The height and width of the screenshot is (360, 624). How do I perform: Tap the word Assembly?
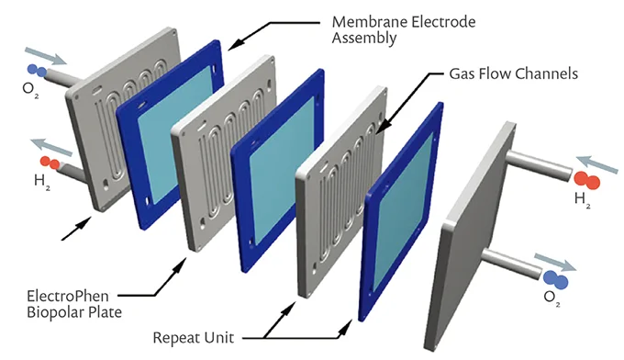[364, 39]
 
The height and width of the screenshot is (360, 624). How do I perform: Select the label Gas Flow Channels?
[513, 73]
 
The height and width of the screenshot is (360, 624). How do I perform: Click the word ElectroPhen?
[68, 297]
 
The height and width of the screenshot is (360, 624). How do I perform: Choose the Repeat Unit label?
[194, 338]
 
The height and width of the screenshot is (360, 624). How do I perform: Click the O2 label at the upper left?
[30, 88]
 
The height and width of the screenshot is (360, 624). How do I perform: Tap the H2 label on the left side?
[42, 182]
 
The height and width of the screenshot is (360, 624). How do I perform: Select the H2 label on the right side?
[582, 199]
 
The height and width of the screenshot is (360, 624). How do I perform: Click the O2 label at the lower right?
[552, 297]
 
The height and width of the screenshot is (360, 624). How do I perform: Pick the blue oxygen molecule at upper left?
[37, 71]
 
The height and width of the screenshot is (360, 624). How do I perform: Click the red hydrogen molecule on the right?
[586, 180]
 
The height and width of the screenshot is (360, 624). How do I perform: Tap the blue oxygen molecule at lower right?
[555, 279]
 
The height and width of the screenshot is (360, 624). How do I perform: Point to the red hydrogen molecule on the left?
[50, 163]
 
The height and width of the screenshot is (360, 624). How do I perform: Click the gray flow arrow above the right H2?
[597, 165]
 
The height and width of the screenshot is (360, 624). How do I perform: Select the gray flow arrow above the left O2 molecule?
[46, 56]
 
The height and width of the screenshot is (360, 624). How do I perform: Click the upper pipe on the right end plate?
[539, 165]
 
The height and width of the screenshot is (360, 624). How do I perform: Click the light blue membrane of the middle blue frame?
[282, 170]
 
